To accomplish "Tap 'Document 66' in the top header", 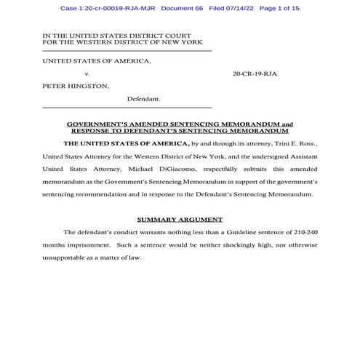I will tap(188, 8).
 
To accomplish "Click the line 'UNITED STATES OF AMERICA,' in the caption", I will tap(97, 61).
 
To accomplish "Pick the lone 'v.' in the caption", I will tap(87, 73).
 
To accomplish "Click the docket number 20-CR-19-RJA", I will tap(255, 73).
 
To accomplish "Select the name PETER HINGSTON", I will tap(76, 86).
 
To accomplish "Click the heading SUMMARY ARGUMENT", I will tap(180, 219).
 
